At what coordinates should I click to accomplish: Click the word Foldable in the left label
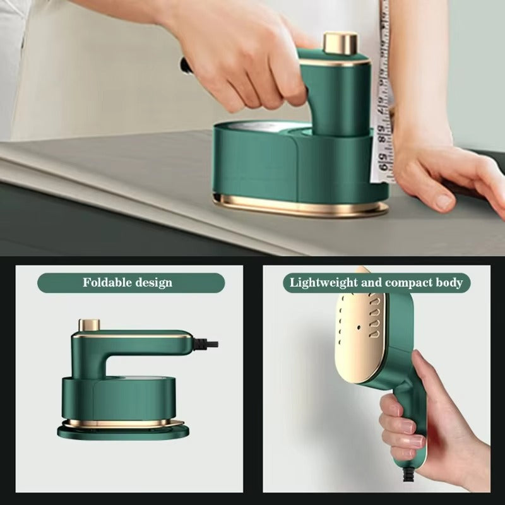pos(107,282)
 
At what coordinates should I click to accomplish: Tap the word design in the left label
pos(153,282)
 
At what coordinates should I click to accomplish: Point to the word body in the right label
pos(450,282)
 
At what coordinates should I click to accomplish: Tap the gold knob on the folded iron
pos(89,325)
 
